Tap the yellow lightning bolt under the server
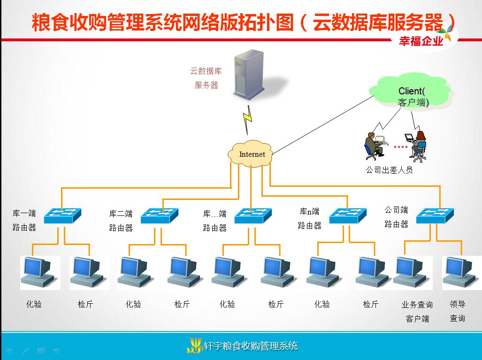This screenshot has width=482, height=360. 247,120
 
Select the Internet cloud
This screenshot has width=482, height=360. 251,153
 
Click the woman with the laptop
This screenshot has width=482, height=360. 416,146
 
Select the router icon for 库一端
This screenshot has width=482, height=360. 62,215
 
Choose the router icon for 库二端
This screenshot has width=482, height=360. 160,215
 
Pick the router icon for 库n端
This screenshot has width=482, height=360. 348,215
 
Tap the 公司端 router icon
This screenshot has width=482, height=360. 435,215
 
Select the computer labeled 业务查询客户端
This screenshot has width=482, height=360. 413,273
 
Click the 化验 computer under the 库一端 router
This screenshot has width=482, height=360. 40,273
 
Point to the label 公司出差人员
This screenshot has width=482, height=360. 389,170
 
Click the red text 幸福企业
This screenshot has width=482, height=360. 421,41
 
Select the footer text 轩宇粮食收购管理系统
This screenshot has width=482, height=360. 251,346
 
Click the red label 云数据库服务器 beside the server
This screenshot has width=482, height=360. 206,78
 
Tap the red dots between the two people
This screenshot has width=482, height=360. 400,147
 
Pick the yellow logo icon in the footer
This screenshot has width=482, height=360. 194,345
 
